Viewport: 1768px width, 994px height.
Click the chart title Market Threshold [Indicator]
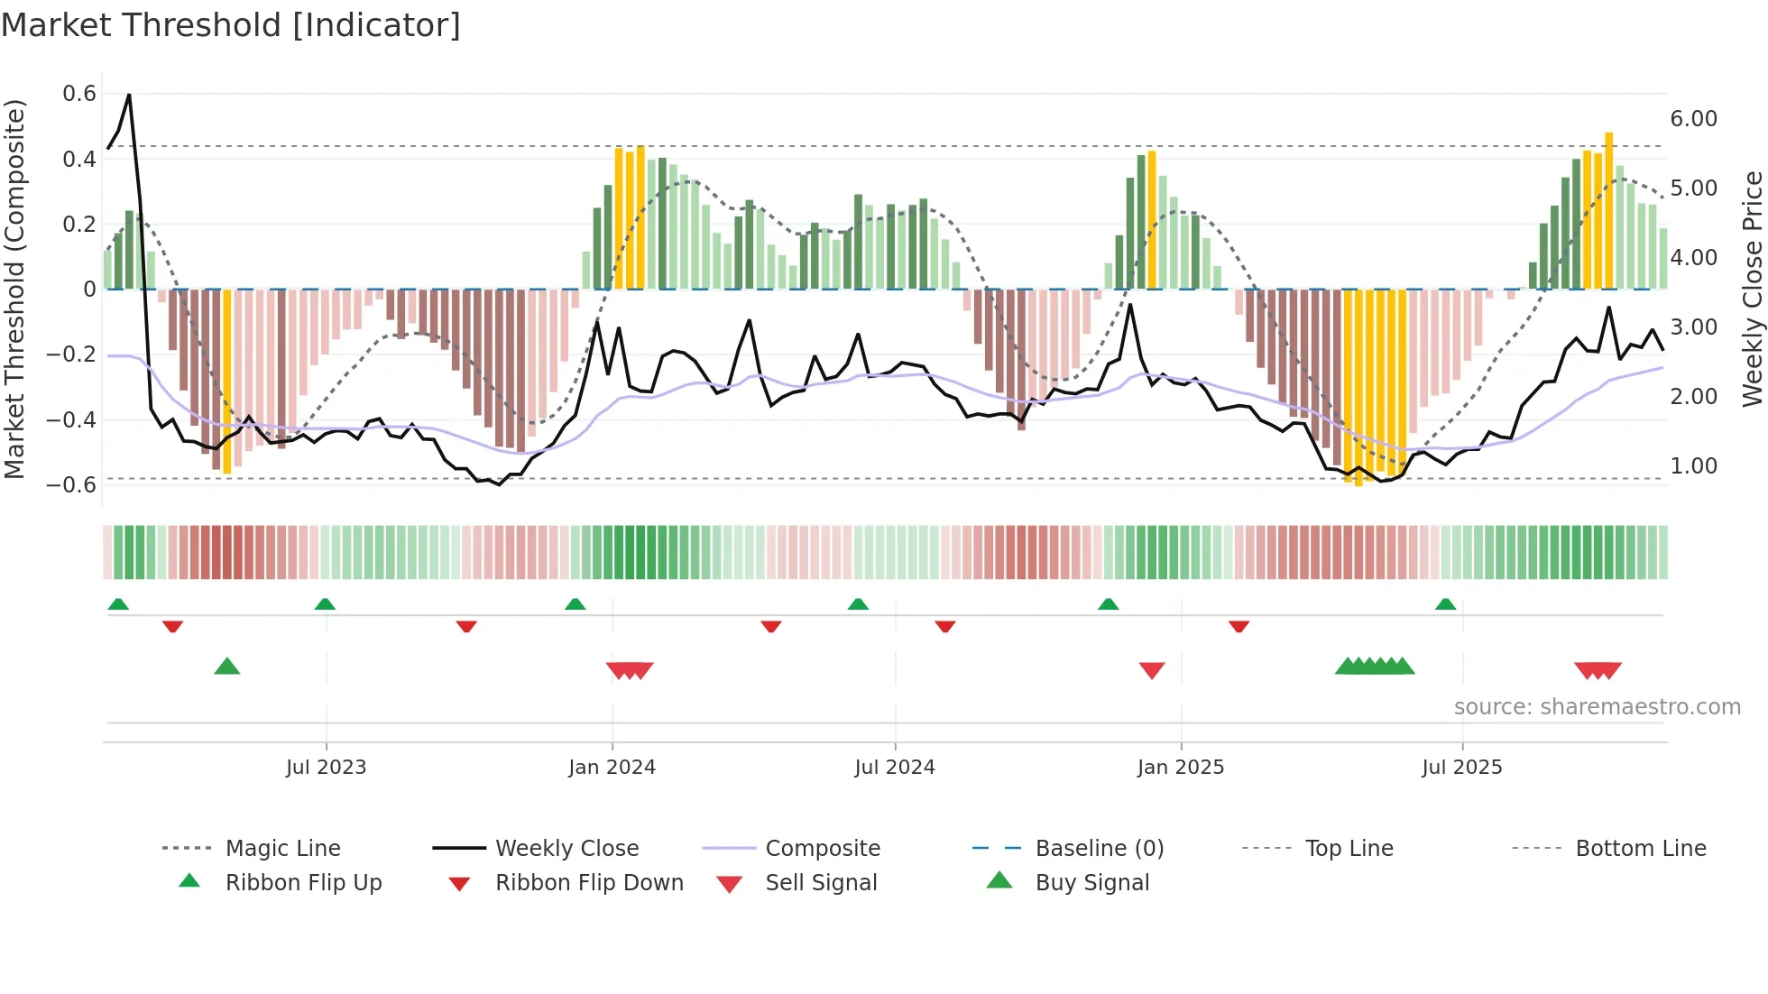(x=231, y=25)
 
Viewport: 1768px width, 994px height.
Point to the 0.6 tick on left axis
(x=79, y=94)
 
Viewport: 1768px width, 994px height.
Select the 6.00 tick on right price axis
(x=1693, y=119)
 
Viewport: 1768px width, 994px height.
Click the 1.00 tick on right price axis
(x=1693, y=466)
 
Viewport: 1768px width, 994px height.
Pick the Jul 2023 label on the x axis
(x=326, y=768)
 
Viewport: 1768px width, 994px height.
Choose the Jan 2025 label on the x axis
(x=1180, y=768)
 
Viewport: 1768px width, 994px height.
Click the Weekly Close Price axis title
(x=1752, y=289)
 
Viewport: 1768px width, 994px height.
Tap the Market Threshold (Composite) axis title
(x=14, y=289)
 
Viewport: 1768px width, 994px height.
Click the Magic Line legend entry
(x=282, y=849)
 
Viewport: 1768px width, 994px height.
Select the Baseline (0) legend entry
(x=1099, y=849)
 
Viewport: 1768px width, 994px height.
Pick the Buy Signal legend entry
(x=1091, y=883)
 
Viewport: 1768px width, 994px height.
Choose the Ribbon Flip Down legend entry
(x=588, y=883)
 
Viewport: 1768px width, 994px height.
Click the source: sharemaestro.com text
(x=1597, y=707)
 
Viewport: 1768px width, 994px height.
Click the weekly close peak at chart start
(x=129, y=95)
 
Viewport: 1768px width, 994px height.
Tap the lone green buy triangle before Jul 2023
(x=227, y=667)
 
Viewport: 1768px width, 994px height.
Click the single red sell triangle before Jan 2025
(x=1152, y=670)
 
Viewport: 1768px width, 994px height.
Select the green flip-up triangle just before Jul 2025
(x=1445, y=604)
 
